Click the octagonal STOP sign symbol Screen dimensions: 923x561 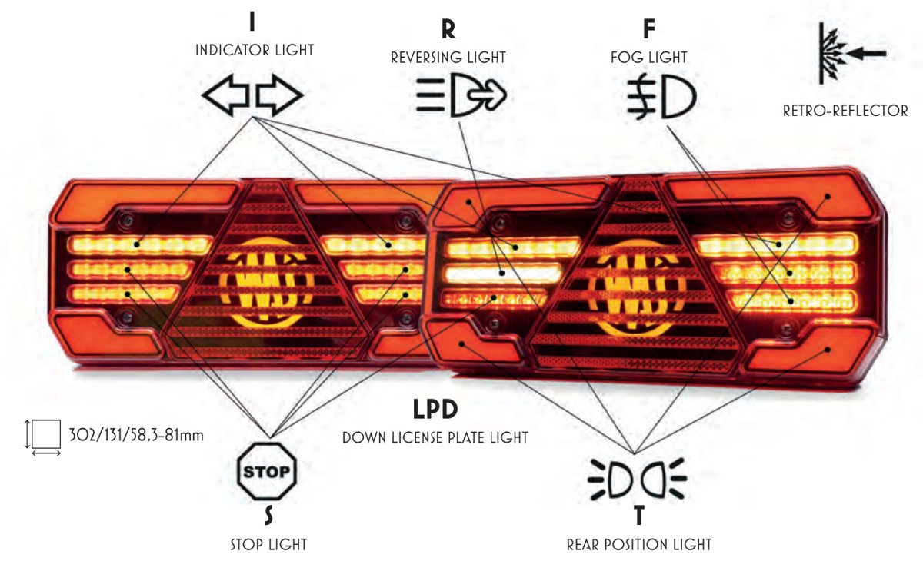click(x=267, y=471)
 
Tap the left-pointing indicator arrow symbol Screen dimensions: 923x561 click(x=226, y=95)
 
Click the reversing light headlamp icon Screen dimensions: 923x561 click(x=461, y=95)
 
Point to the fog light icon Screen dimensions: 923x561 click(x=661, y=97)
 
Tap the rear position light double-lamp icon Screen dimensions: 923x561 click(x=637, y=479)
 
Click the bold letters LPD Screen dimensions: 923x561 click(x=435, y=409)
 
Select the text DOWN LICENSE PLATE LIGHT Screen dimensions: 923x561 click(x=435, y=437)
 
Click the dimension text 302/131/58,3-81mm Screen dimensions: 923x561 click(x=136, y=435)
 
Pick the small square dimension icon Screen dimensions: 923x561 click(x=43, y=437)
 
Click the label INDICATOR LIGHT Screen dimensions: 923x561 click(x=255, y=50)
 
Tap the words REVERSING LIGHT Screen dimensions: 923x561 click(x=448, y=57)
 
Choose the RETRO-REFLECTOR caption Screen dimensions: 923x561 click(x=845, y=111)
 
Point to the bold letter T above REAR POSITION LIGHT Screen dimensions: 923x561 click(x=638, y=516)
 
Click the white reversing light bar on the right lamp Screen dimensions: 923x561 click(x=503, y=273)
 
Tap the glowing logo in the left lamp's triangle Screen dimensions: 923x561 click(x=266, y=282)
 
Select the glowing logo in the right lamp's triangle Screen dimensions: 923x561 click(x=637, y=288)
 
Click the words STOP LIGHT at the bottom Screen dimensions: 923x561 click(x=268, y=545)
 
